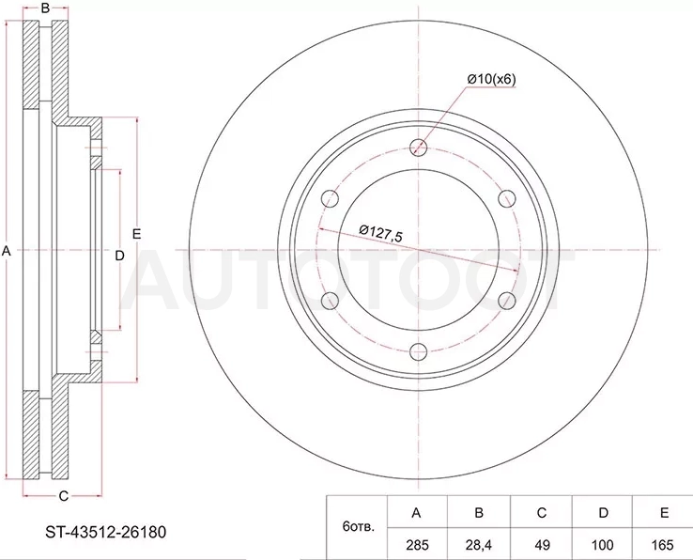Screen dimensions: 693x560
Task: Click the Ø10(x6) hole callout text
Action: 491,79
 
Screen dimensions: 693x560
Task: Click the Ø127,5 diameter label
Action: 380,233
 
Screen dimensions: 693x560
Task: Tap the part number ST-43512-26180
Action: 105,532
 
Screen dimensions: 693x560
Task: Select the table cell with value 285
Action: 417,545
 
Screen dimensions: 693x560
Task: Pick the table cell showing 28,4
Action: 479,545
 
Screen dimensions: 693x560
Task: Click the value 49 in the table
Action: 542,545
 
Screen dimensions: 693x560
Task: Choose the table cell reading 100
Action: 603,545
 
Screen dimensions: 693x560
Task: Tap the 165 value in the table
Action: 663,545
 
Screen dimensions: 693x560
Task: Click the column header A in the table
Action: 416,513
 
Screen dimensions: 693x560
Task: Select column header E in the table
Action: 664,513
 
